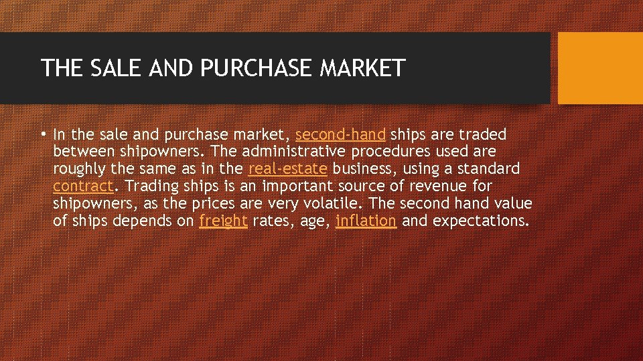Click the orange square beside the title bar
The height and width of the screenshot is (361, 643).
coord(600,68)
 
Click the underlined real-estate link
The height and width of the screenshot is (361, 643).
coord(287,168)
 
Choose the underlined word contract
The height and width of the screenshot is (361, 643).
coord(82,186)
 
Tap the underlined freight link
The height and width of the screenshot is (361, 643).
coord(223,221)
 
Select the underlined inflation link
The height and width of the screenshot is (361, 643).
coord(366,221)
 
